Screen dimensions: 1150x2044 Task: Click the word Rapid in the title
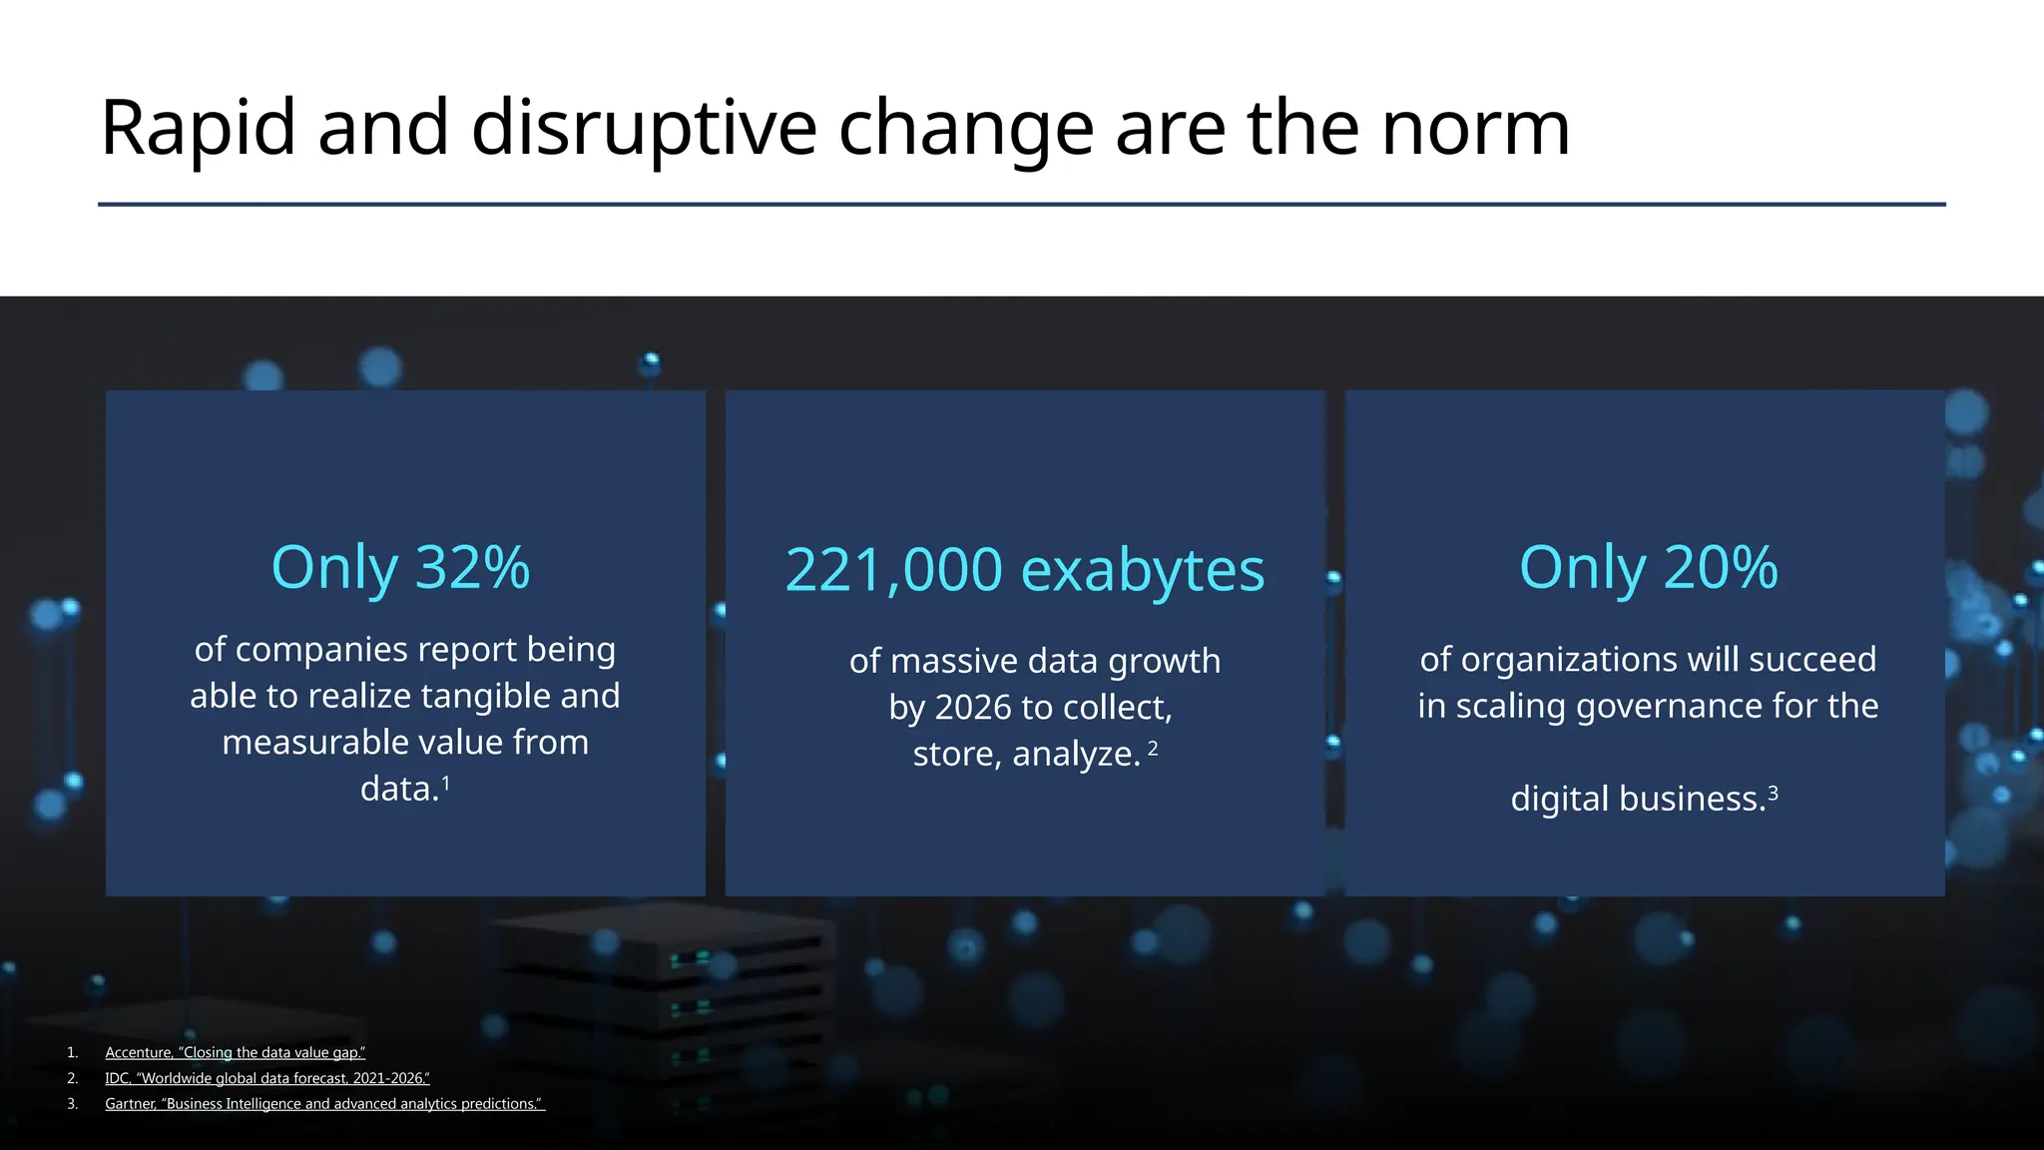(199, 129)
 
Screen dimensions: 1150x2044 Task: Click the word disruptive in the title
(644, 129)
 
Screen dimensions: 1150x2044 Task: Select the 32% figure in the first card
(472, 567)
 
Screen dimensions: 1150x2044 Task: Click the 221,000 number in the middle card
(893, 570)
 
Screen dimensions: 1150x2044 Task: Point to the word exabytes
(1143, 570)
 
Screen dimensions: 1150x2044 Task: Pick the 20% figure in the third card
(1721, 567)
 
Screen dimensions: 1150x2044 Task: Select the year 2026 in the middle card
(973, 708)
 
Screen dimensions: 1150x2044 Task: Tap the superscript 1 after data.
(445, 784)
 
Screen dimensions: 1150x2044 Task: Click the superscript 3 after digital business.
(1773, 794)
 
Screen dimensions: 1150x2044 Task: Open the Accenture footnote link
(236, 1052)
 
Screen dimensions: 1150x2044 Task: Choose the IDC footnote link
(267, 1078)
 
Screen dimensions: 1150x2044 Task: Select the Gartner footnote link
(324, 1104)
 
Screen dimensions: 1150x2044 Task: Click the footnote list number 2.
(72, 1078)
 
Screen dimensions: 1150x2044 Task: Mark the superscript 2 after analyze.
(1153, 748)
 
